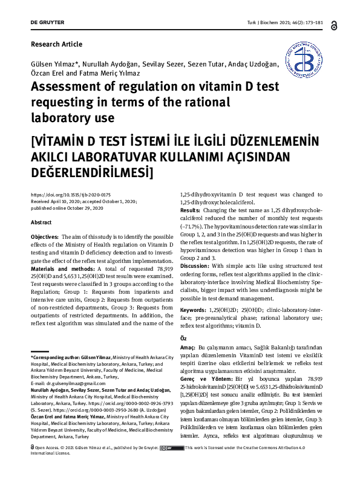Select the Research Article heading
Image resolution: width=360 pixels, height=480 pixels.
click(56, 44)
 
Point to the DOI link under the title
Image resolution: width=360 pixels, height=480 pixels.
click(65, 195)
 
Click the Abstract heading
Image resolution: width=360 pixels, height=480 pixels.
click(41, 222)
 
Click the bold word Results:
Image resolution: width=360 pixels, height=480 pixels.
click(192, 210)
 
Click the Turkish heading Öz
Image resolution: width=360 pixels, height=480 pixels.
click(185, 338)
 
